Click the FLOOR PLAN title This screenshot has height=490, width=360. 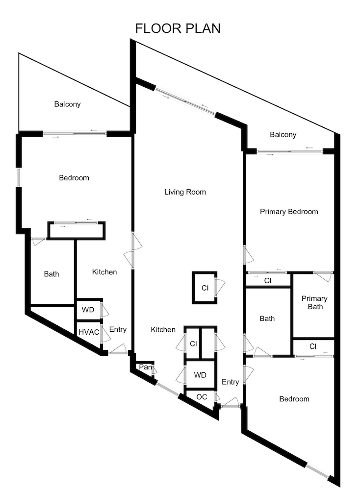point(178,28)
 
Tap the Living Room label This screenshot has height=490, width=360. point(185,192)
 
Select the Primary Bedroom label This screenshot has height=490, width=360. point(289,212)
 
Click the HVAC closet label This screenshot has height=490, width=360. point(89,332)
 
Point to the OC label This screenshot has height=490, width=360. point(202,396)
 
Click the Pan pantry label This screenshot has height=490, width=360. point(145,367)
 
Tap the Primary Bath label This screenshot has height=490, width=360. point(314,303)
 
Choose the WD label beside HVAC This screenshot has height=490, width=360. point(88,310)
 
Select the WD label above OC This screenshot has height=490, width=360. point(200,375)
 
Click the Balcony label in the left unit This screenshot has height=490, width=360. point(67,104)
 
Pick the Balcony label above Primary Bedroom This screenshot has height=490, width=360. point(283,135)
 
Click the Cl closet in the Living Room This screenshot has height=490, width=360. point(205,288)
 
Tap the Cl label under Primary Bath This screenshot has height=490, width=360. point(313,346)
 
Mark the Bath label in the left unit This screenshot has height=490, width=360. point(51,274)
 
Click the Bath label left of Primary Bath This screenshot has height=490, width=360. point(267,318)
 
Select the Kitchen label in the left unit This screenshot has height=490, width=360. point(104,271)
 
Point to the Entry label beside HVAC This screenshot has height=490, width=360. point(118,329)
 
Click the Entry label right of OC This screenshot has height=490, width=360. point(230,382)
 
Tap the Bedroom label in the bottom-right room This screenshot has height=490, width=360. point(294,399)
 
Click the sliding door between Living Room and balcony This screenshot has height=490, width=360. point(185,101)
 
